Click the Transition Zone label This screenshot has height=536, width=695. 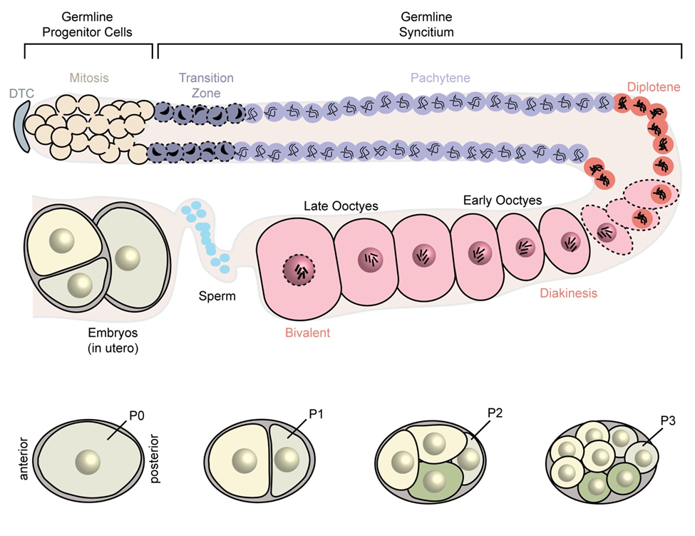point(206,85)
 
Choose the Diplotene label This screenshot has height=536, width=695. point(654,87)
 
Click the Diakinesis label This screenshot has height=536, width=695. point(568,293)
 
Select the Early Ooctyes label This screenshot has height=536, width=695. point(502,200)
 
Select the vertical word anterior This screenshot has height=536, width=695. point(24,457)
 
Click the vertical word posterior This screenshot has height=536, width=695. point(155,457)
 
